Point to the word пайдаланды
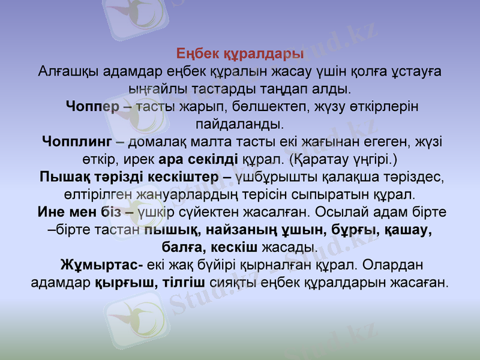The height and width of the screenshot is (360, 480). tap(240, 125)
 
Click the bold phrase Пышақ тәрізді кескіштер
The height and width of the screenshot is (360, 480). tap(128, 178)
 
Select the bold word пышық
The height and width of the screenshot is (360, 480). tap(173, 230)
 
